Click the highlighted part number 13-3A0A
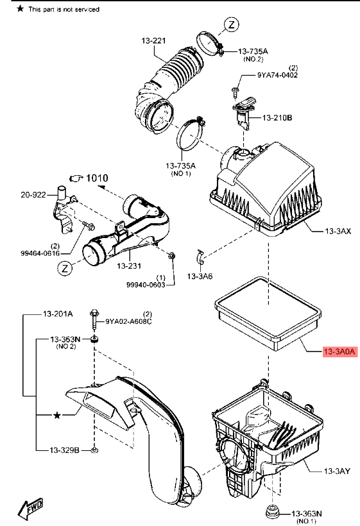pos(339,352)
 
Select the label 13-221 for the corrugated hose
pos(153,40)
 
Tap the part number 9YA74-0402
pos(277,75)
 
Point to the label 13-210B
pos(277,117)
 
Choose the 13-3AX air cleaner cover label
pos(338,231)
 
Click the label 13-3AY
pos(337,471)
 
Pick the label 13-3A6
pos(200,276)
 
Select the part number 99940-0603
pos(146,284)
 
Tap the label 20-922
pos(33,194)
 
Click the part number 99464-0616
pos(40,253)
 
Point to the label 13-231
pos(129,266)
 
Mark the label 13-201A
pos(58,314)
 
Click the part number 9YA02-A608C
pos(128,321)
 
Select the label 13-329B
pos(64,450)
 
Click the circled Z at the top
pos(232,24)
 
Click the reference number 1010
pos(97,178)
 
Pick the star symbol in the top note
pos(21,9)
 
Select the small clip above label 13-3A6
pos(200,257)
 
